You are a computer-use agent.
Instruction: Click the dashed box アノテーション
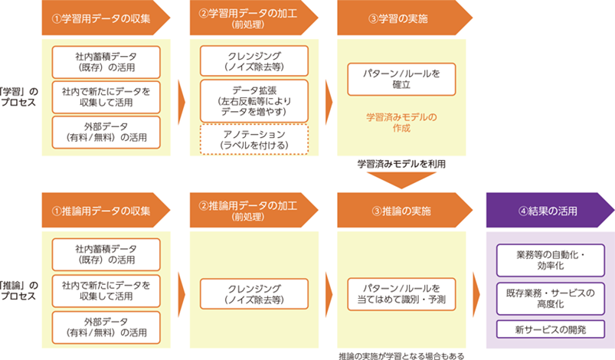(x=254, y=139)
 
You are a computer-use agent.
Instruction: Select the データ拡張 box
(x=254, y=101)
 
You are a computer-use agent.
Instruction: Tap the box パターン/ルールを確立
(x=401, y=79)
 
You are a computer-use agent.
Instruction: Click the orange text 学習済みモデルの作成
(x=401, y=123)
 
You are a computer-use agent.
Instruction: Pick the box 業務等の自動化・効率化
(x=551, y=260)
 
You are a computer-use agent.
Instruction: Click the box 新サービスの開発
(x=551, y=329)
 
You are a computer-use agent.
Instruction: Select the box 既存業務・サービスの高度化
(x=551, y=299)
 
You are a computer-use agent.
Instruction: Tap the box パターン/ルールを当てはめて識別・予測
(x=401, y=294)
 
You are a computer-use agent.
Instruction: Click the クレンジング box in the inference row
(x=254, y=294)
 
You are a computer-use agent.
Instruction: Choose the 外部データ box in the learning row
(x=106, y=133)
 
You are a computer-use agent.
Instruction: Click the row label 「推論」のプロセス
(x=19, y=290)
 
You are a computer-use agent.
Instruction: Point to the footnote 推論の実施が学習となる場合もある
(x=401, y=356)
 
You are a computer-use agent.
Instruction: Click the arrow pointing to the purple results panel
(x=476, y=294)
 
